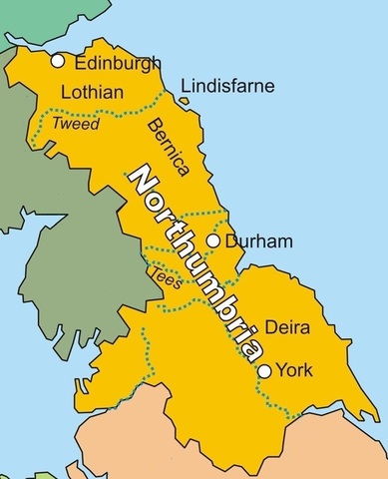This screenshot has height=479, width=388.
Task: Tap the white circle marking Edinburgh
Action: [x=58, y=62]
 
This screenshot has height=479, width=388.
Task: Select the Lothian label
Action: [x=92, y=93]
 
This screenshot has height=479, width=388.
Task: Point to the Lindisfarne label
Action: [x=226, y=88]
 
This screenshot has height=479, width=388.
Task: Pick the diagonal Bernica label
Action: [x=163, y=146]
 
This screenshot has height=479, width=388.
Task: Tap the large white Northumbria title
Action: [x=194, y=262]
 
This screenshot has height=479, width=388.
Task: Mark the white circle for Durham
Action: [x=212, y=240]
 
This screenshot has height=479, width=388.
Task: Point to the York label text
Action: [x=295, y=370]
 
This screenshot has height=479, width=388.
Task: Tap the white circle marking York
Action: [x=264, y=371]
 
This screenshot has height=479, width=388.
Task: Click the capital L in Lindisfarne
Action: [x=186, y=88]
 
